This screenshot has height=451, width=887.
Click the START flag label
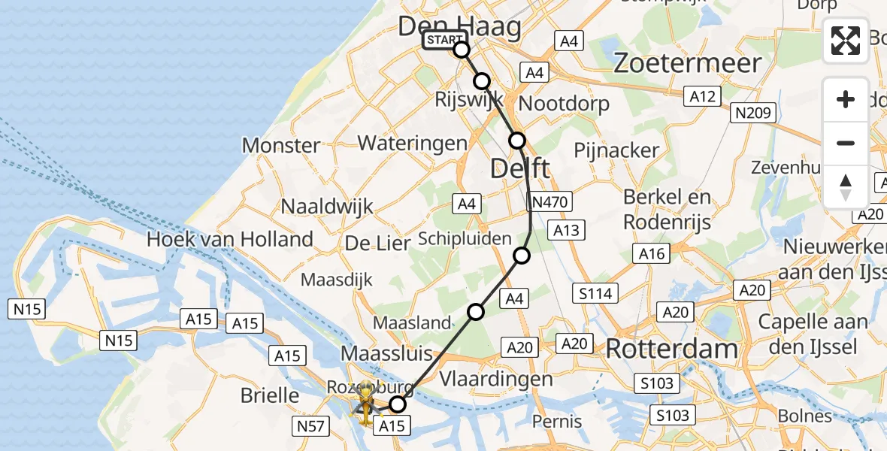(444, 41)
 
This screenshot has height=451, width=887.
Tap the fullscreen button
(846, 41)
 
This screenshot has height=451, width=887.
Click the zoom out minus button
(846, 143)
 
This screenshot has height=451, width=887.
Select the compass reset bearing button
(846, 186)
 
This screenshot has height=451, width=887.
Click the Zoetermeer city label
(688, 62)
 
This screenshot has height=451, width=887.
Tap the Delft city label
(520, 168)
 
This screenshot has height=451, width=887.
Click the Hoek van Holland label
(230, 240)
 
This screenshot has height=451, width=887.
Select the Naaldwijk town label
(327, 207)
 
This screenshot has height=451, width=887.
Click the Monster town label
(281, 145)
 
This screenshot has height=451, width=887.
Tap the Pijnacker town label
(616, 150)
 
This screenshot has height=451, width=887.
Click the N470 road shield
(551, 201)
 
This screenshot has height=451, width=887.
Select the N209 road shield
(752, 113)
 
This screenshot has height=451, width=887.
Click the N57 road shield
(311, 427)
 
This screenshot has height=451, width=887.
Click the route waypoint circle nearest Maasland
(476, 311)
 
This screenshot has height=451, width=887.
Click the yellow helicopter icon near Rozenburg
(365, 399)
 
